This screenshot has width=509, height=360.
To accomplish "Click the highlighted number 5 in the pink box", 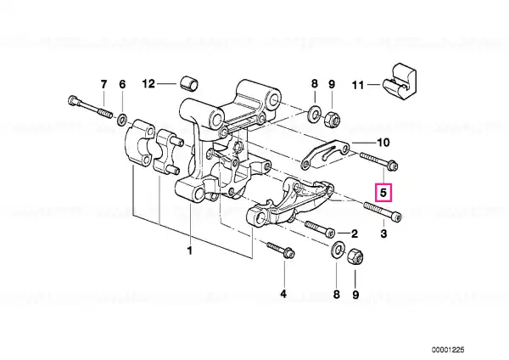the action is (x=383, y=193).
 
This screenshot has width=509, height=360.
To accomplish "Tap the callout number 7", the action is (x=103, y=84).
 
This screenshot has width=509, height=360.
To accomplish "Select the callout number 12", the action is (x=148, y=84).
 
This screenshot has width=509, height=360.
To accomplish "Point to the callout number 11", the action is (x=358, y=85).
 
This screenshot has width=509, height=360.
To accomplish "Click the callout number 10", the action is (x=383, y=143).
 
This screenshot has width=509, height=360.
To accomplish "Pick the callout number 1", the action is (x=189, y=250).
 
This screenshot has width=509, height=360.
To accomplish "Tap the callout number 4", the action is (x=283, y=294).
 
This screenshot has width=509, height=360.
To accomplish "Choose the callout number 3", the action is (x=383, y=233).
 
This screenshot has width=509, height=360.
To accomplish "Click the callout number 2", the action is (x=354, y=233).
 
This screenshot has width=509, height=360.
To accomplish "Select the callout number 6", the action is (x=122, y=84).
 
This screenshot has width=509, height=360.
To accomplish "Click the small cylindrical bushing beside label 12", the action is (x=189, y=83).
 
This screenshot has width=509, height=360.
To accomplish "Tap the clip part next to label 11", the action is (x=400, y=82).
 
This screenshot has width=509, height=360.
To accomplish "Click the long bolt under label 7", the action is (x=90, y=106).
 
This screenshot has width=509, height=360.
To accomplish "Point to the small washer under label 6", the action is (x=121, y=120).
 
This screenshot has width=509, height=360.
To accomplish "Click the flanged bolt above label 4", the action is (x=281, y=250).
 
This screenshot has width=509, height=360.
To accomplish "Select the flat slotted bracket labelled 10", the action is (x=325, y=154).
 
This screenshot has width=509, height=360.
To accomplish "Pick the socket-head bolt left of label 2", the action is (x=320, y=228).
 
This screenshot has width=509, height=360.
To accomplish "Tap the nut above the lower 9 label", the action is (x=355, y=256).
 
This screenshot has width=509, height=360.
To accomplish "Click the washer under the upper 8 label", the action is (x=314, y=113).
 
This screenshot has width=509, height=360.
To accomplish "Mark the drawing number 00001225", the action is (x=448, y=350).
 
